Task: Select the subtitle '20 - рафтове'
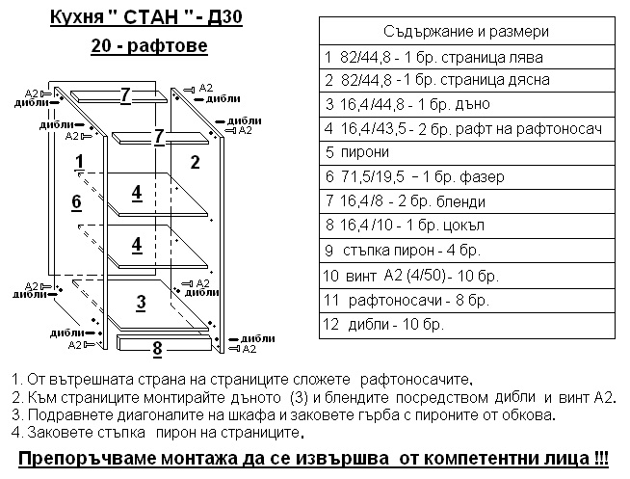(149, 45)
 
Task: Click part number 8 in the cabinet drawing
(158, 349)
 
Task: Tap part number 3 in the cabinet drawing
(141, 303)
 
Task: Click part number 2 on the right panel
(195, 162)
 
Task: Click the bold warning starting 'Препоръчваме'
(314, 457)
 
